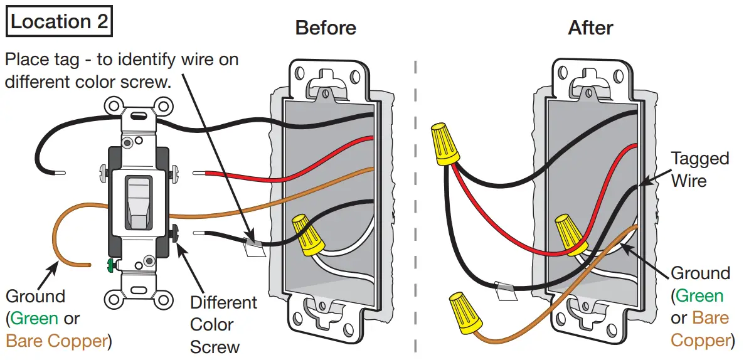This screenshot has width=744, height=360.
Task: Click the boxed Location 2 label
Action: [59, 21]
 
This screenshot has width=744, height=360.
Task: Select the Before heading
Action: [326, 28]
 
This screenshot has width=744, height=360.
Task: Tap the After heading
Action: [590, 28]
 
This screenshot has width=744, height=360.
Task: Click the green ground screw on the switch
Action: [111, 265]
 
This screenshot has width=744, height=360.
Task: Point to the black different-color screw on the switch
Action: [175, 233]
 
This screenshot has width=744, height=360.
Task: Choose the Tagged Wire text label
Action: [699, 169]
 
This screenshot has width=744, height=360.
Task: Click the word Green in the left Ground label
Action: [35, 318]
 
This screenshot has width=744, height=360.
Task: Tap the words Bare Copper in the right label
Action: [699, 329]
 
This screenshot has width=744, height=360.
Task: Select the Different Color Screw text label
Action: [223, 324]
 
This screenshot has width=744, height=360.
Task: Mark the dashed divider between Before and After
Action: [415, 188]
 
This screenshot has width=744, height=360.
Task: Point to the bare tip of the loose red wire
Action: [200, 172]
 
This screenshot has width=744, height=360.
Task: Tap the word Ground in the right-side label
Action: [700, 273]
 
